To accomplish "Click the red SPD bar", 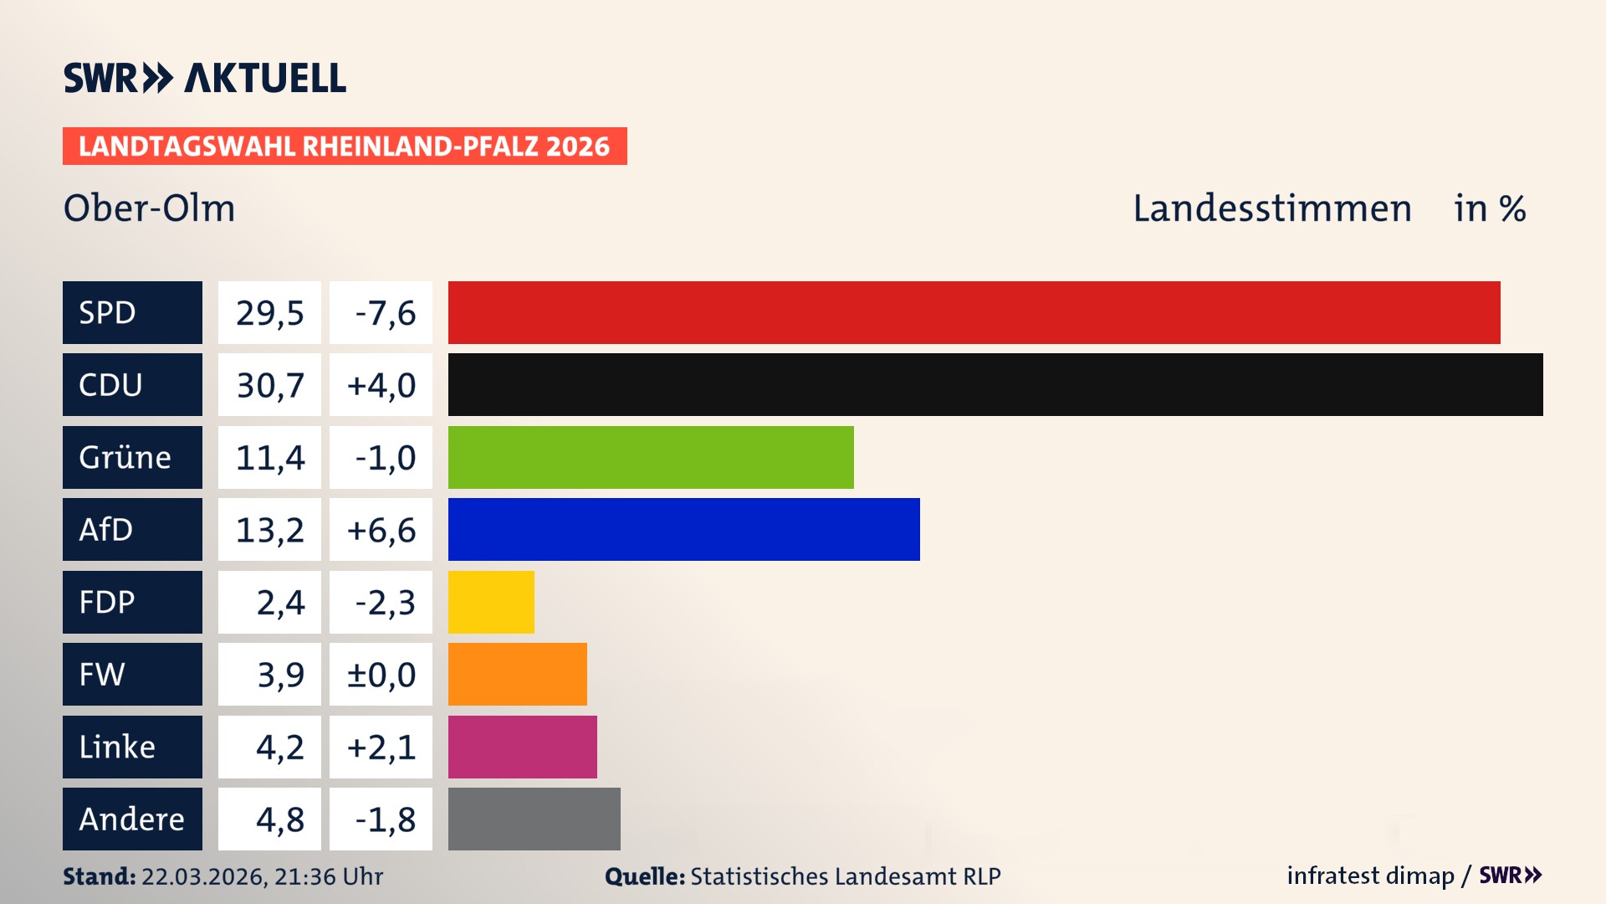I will pos(974,312).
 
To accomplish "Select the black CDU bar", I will pos(995,384).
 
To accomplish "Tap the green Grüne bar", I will pos(651,457).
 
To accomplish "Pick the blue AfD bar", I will pos(683,529).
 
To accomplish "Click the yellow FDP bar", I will pos(491,602).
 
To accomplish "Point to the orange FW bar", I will pos(517,674).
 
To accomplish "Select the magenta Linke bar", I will pos(522,747).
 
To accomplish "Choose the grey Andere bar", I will pos(534,819).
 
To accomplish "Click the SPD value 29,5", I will pos(269,313).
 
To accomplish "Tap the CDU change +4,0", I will pos(381,385).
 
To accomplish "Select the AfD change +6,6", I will pos(381,530).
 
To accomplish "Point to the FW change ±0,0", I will pos(381,675).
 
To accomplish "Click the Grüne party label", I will pos(125,457).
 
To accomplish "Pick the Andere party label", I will pos(131,819).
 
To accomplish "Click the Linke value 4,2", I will pos(279,747).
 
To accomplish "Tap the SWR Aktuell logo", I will pos(204,78).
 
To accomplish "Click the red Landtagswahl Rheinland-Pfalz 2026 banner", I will pos(344,146).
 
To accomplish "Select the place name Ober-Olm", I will pos(150,208).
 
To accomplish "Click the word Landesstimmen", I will pos(1271,208).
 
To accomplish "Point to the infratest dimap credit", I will pos(1370,876).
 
